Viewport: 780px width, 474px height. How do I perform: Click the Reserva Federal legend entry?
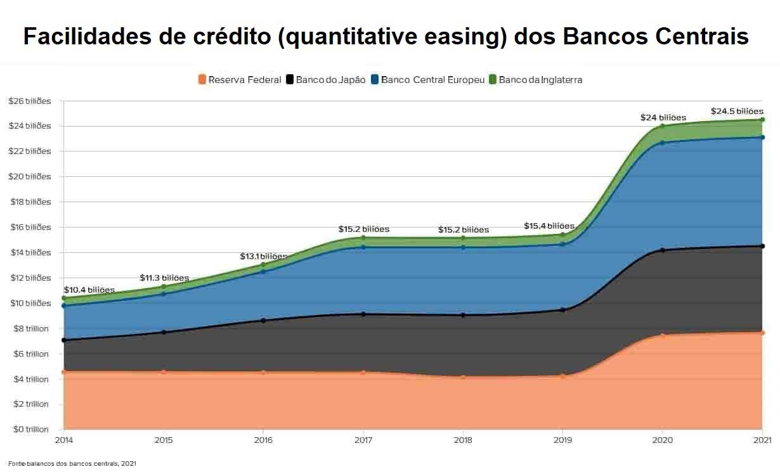[x=239, y=80]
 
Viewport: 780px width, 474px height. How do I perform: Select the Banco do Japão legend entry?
[x=326, y=80]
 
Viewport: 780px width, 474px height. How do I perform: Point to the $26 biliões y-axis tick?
[x=29, y=101]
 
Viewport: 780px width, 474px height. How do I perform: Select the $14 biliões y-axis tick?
[x=29, y=252]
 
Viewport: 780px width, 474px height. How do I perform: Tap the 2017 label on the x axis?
[x=363, y=439]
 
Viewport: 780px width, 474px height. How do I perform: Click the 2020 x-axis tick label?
[x=662, y=439]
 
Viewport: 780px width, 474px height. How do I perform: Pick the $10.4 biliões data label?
[x=89, y=290]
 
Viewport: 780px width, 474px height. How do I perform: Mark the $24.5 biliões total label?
[x=737, y=112]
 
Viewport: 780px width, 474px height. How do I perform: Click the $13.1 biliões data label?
[x=263, y=257]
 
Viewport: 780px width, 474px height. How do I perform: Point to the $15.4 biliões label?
[x=549, y=226]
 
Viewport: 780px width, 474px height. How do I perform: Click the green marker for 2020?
[x=662, y=126]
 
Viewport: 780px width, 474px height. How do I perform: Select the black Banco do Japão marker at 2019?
[x=562, y=310]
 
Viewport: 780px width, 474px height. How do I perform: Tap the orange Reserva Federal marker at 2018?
[x=463, y=378]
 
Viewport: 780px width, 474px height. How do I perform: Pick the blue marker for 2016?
[x=263, y=271]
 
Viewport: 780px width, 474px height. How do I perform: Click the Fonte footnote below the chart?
[x=72, y=464]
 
